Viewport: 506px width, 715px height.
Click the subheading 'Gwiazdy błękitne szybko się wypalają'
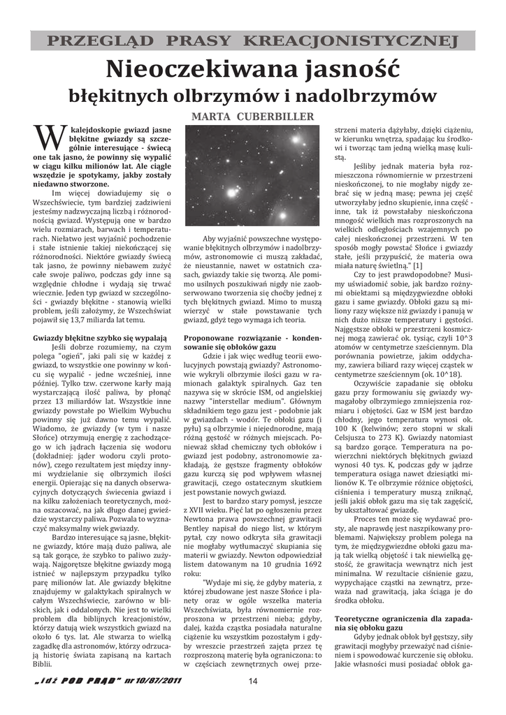pos(100,337)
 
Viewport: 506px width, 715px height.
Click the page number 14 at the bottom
pos(253,681)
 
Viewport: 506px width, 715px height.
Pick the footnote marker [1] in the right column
pos(418,265)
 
